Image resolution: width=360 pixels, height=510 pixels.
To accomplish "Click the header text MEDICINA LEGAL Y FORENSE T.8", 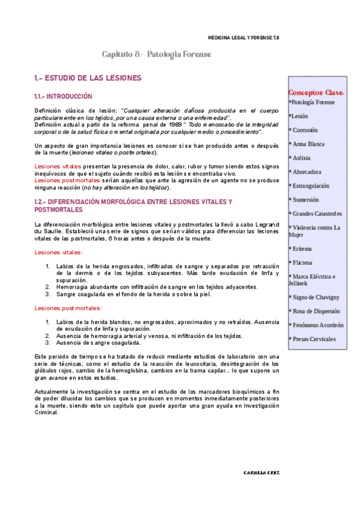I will click(x=243, y=37).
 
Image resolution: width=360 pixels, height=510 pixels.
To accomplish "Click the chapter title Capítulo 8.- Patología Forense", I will click(x=156, y=55).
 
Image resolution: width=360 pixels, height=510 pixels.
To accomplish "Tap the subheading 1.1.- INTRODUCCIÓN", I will click(x=63, y=96).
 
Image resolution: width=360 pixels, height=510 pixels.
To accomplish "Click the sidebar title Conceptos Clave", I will click(x=316, y=93).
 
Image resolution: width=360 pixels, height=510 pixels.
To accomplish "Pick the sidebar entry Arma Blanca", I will click(x=308, y=144).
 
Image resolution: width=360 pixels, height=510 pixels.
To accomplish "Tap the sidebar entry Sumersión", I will click(x=306, y=200).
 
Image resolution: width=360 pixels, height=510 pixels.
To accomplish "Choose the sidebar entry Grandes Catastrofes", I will click(x=317, y=214).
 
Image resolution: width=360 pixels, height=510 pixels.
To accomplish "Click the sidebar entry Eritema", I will click(x=302, y=248).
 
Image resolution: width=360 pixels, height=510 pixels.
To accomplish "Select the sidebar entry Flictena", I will click(x=303, y=263).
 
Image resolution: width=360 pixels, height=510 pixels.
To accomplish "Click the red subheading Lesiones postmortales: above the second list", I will click(x=67, y=308).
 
